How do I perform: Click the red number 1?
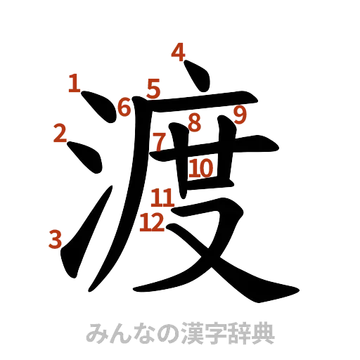click(74, 84)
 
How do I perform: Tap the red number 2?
click(60, 132)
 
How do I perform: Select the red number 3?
click(53, 240)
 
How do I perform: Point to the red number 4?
click(178, 53)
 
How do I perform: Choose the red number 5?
click(155, 89)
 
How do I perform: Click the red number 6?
click(124, 108)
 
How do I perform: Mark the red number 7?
click(160, 141)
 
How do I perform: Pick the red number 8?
click(194, 122)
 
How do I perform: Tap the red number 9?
click(240, 114)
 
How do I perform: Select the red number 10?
click(200, 167)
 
